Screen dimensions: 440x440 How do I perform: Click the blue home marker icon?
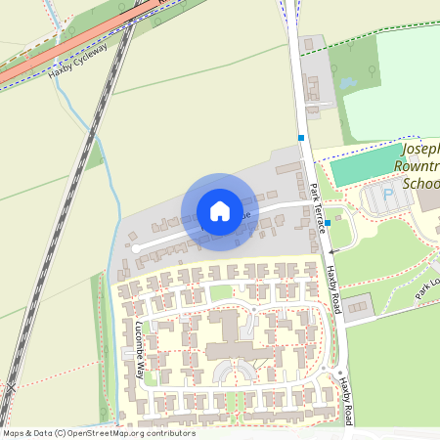[x=219, y=211]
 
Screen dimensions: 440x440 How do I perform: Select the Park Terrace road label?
[x=317, y=206]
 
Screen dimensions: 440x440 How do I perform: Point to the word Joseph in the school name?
[x=420, y=151]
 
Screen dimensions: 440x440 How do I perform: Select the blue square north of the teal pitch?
[x=302, y=138]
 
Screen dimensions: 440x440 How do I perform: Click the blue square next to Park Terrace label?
[x=329, y=223]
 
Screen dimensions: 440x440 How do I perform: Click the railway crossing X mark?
[x=9, y=387]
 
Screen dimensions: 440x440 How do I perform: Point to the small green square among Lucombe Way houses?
[x=222, y=291]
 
